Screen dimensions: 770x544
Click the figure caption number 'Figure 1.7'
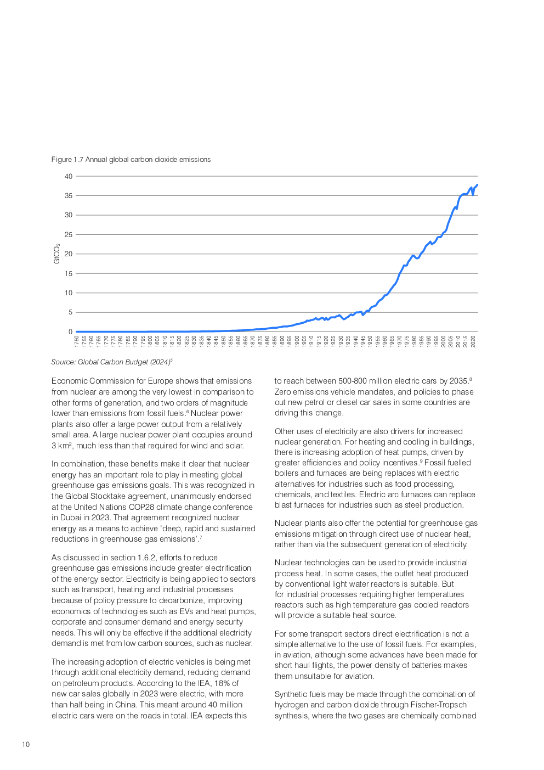click(67, 160)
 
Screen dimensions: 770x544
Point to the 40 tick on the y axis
click(69, 177)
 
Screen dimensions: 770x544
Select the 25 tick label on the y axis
click(69, 235)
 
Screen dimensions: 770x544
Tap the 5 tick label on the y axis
click(70, 312)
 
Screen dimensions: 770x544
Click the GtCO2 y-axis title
click(56, 254)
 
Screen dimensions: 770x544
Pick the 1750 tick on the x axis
click(77, 341)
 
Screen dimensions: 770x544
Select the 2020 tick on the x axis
click(473, 341)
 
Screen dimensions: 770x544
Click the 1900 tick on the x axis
click(297, 341)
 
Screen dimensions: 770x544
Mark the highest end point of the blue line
click(477, 185)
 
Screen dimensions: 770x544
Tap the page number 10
click(26, 745)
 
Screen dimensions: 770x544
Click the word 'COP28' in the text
click(141, 507)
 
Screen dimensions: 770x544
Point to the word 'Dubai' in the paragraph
click(71, 518)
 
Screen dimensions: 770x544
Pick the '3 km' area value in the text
click(60, 446)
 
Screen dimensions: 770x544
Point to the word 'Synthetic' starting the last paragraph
click(291, 694)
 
